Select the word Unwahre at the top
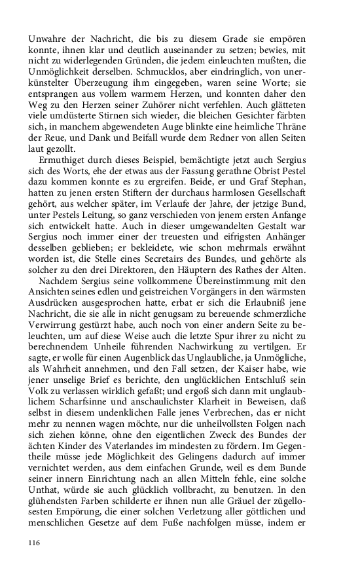coord(50,37)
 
